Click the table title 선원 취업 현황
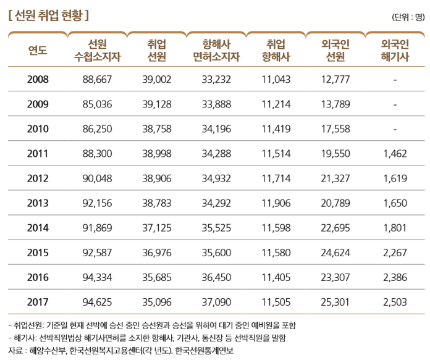[49, 14]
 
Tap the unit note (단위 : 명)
[408, 17]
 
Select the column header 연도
[38, 51]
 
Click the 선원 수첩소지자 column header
[97, 51]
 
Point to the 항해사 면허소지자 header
[216, 51]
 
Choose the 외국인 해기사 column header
[395, 51]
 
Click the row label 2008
[38, 80]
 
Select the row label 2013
[38, 203]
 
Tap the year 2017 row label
[38, 302]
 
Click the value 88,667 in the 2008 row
[97, 80]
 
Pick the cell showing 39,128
[156, 104]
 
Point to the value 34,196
[216, 129]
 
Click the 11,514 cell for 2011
[276, 154]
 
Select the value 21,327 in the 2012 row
[335, 178]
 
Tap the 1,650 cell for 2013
[395, 203]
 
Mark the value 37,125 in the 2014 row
[156, 228]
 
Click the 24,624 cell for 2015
[335, 253]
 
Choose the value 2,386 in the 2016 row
[395, 277]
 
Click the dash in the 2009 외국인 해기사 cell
[395, 104]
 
